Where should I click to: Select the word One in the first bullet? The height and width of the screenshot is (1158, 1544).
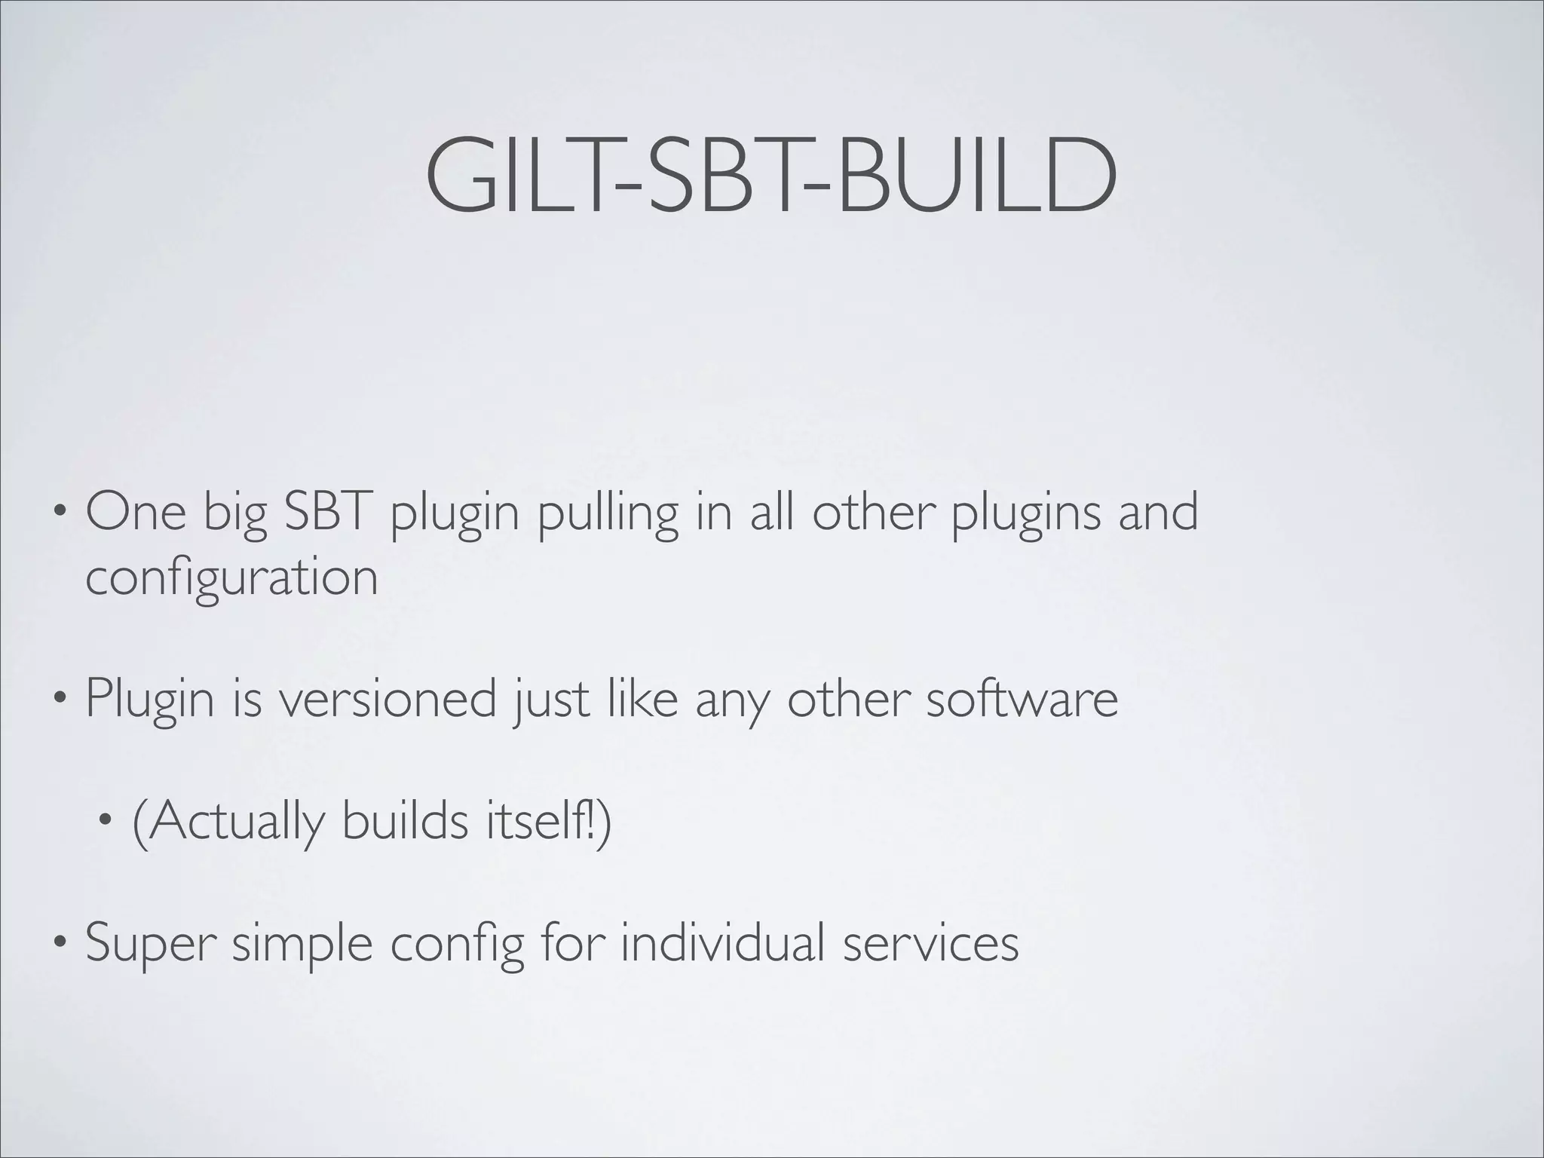coord(136,512)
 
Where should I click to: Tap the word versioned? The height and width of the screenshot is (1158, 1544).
coord(388,699)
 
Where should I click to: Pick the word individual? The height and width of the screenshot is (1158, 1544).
coord(721,942)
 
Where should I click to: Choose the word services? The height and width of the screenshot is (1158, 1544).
coord(931,942)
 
